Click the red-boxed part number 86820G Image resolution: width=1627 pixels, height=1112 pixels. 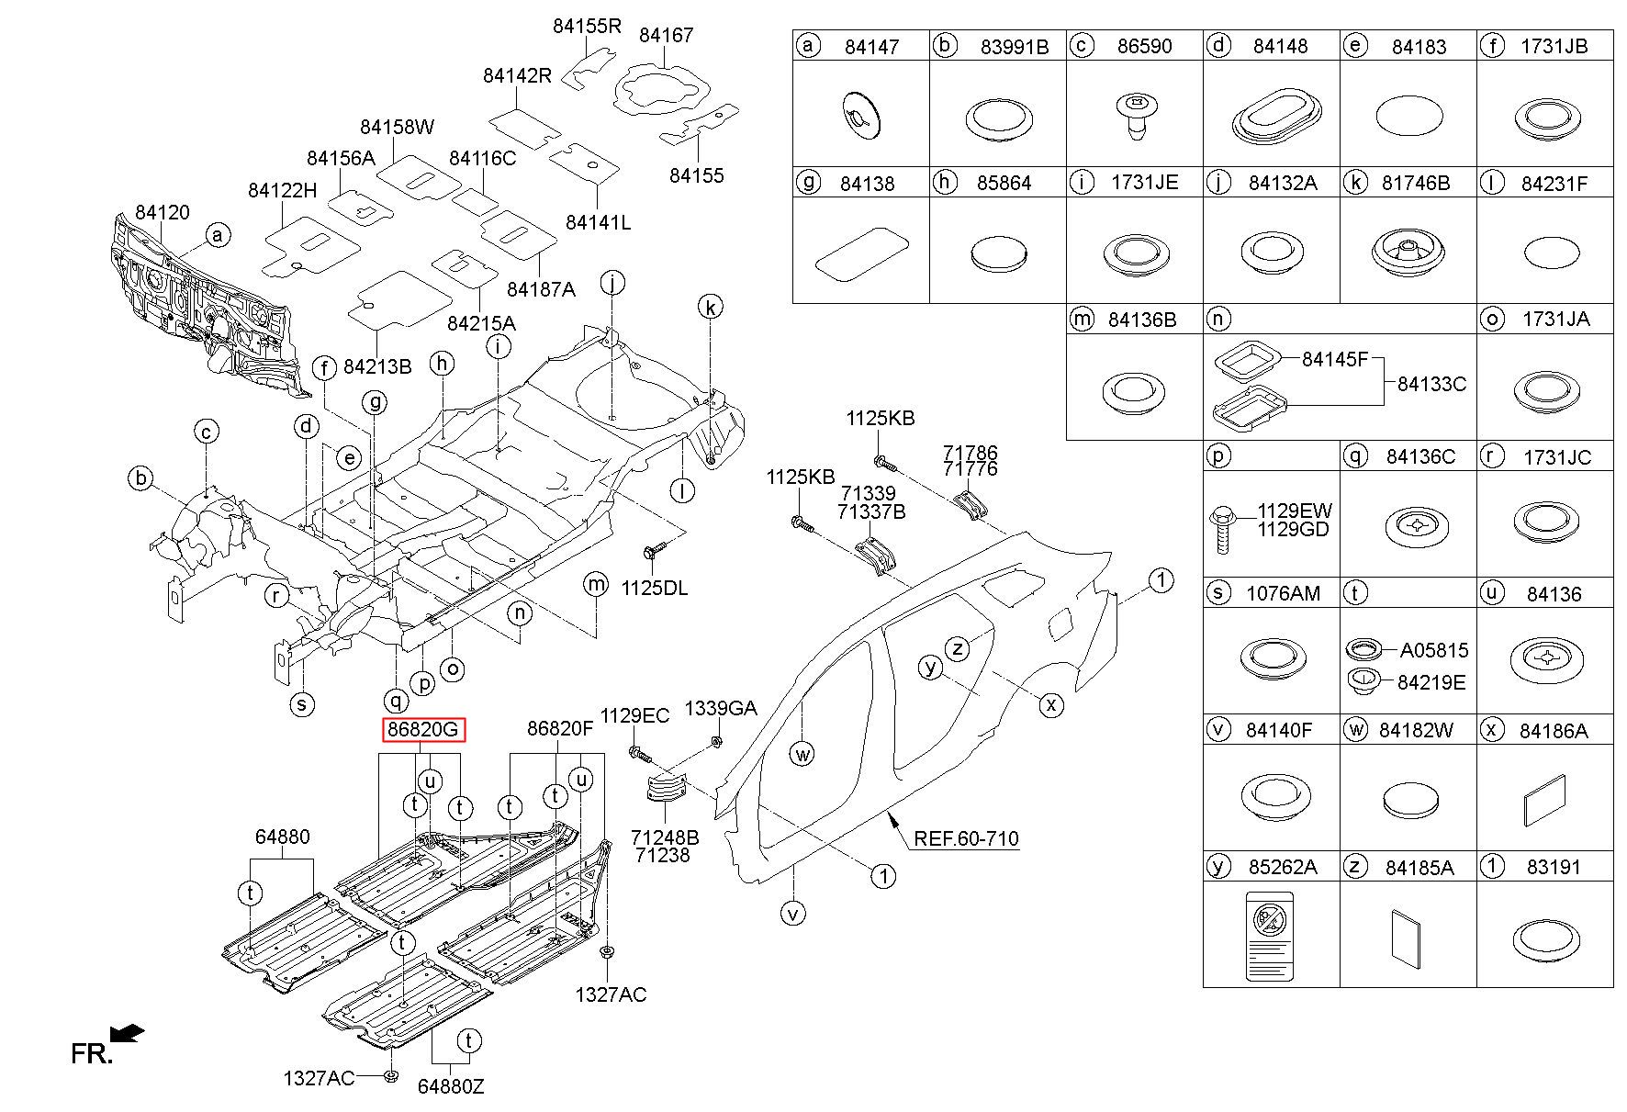[424, 730]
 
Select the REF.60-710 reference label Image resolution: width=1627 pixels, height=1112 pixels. [966, 837]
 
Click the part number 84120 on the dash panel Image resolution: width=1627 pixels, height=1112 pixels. [163, 212]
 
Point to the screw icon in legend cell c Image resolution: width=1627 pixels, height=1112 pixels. [1135, 118]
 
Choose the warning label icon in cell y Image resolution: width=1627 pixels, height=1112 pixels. [1270, 935]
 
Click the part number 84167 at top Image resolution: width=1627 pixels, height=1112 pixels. [666, 35]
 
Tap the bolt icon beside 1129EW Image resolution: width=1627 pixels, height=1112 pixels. [1222, 527]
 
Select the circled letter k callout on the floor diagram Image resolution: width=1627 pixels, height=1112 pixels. [710, 307]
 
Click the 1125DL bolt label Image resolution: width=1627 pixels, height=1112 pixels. [655, 588]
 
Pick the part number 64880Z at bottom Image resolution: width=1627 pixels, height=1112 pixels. [451, 1085]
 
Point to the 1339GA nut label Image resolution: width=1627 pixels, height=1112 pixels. [721, 708]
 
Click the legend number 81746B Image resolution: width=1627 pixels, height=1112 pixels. [1416, 183]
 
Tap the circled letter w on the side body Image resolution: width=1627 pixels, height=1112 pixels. [802, 755]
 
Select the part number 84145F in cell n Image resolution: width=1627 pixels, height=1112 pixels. [1335, 359]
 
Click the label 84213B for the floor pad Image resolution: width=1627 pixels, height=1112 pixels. [377, 366]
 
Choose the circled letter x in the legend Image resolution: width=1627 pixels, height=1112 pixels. [1491, 729]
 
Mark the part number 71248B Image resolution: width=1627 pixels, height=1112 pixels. [665, 837]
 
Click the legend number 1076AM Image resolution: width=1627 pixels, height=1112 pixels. [1283, 593]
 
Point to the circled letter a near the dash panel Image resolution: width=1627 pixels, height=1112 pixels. [217, 235]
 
